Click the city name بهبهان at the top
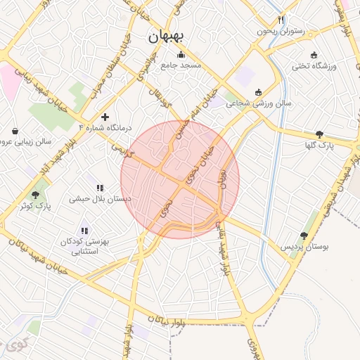coord(167,38)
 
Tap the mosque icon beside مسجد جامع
coord(181,55)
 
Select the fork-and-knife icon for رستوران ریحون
coord(281,20)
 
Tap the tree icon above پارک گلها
coord(320,134)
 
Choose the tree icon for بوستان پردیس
coord(304,236)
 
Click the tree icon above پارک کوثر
coord(36,195)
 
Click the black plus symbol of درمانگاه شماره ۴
coord(105,117)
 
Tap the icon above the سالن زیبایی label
coord(15,131)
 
